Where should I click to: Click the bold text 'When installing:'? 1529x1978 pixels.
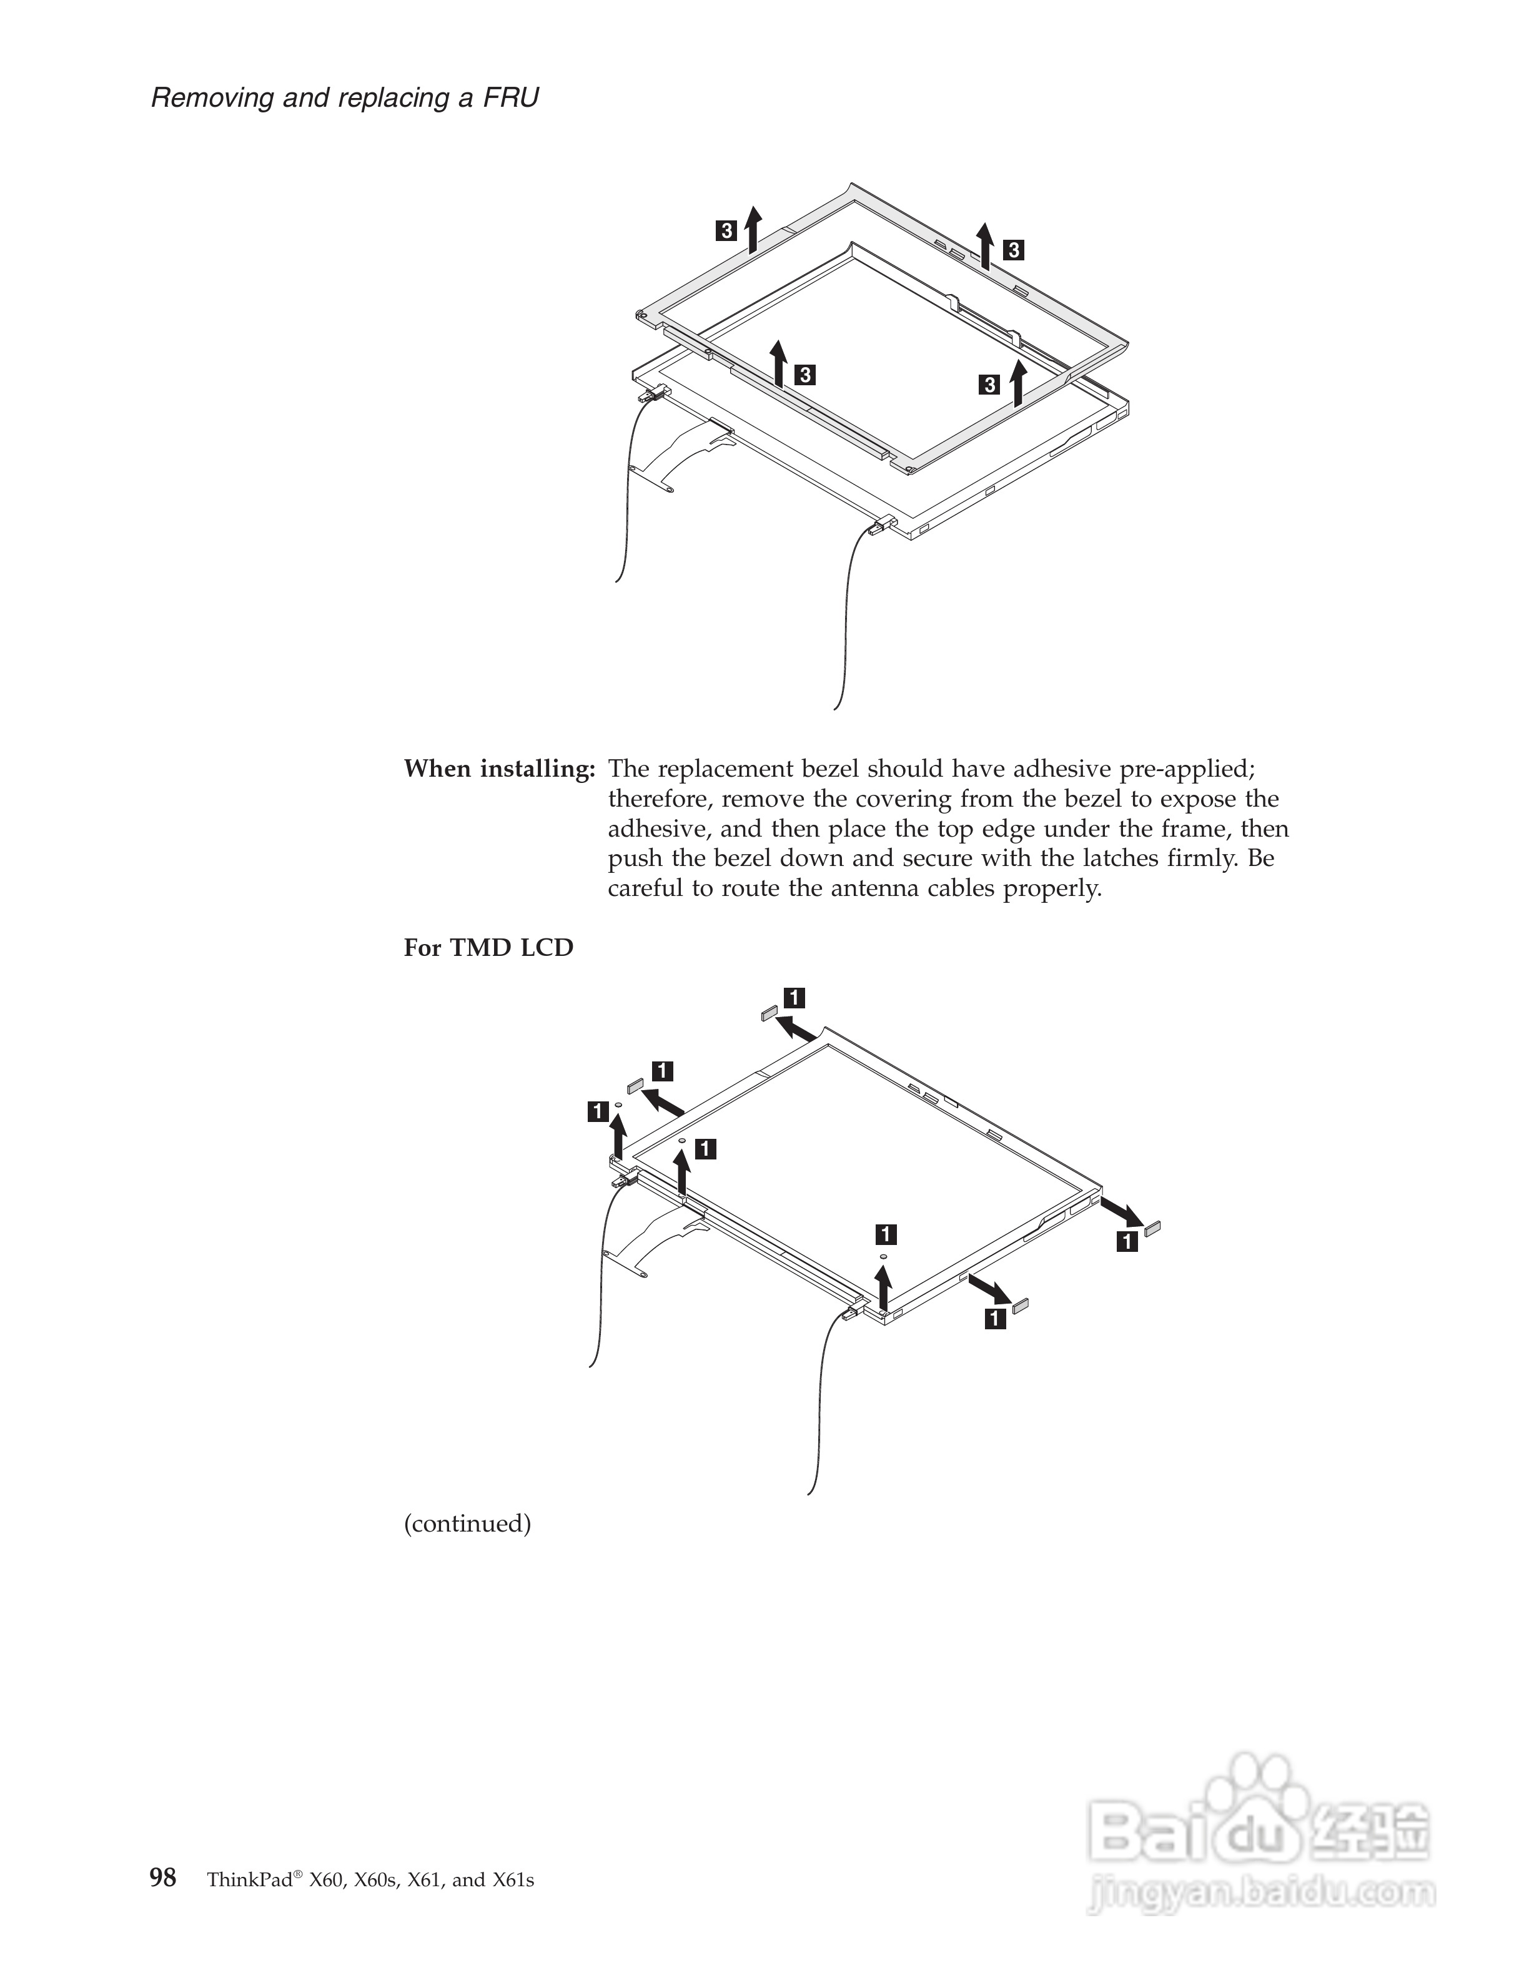(499, 769)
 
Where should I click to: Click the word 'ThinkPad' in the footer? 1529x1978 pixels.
(249, 1879)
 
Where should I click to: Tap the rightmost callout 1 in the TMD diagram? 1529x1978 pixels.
(1127, 1241)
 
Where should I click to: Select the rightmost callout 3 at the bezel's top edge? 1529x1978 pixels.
(1014, 250)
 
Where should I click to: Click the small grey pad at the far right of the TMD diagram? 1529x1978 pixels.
(1152, 1228)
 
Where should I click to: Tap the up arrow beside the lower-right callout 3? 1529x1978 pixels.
(1018, 382)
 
